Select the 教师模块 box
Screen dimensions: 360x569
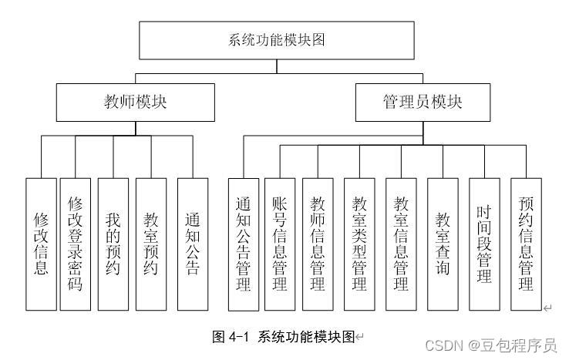(x=136, y=102)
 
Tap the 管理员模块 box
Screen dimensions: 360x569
(x=423, y=102)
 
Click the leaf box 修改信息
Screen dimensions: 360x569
(x=41, y=244)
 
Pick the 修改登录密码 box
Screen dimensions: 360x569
(x=76, y=244)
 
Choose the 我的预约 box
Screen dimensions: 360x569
(x=113, y=244)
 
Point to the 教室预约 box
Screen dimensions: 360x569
(x=150, y=244)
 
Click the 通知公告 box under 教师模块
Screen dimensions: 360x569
(x=192, y=244)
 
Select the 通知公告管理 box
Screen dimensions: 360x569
(x=243, y=244)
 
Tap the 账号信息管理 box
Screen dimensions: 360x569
(x=280, y=244)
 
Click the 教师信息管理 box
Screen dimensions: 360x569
(x=317, y=244)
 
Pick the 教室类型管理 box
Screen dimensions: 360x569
(x=359, y=244)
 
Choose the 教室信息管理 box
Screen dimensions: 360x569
(x=401, y=244)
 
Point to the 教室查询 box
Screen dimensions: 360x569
(x=443, y=244)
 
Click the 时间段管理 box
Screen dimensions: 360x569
(x=484, y=244)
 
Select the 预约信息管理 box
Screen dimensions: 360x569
(x=526, y=244)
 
